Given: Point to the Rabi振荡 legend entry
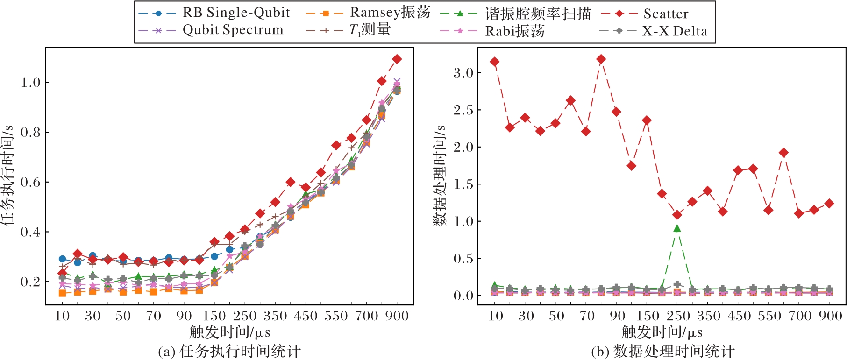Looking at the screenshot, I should tap(514, 31).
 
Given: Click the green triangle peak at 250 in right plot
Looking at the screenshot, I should tap(677, 228).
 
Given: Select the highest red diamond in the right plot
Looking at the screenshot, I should tap(601, 59).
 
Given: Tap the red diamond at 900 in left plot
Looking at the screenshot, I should tap(397, 59).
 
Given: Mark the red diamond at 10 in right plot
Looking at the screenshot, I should tap(494, 62).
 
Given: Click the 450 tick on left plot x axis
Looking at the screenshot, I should tap(306, 316).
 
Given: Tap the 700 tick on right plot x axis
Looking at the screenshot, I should tap(800, 316).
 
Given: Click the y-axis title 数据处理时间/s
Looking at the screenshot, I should tap(440, 176).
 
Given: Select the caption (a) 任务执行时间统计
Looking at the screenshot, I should tap(229, 351).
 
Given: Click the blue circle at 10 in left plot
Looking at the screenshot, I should tap(62, 259).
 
